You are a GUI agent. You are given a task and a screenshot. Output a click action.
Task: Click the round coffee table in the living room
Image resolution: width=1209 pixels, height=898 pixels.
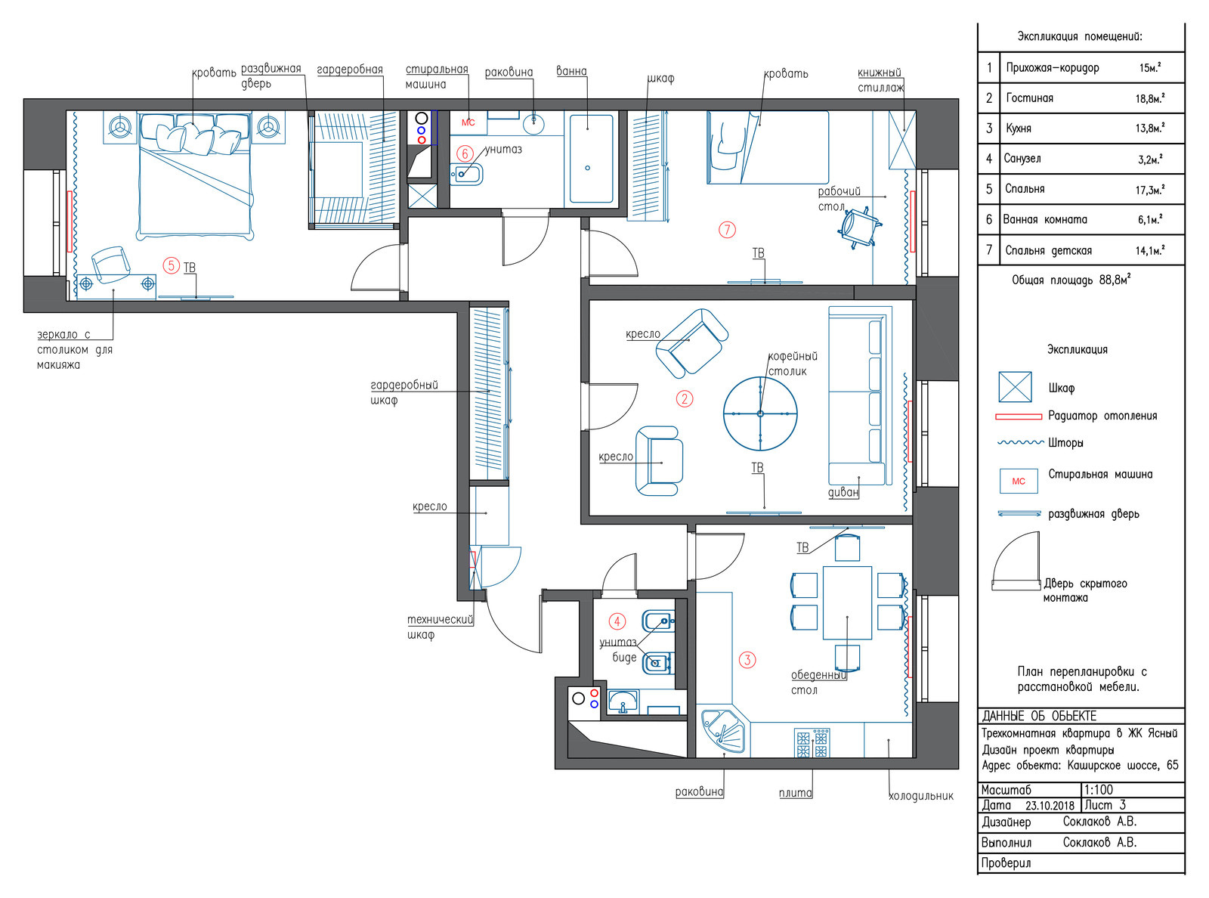click(x=760, y=413)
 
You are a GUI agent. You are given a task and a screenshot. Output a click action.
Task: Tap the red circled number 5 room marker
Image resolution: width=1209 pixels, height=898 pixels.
click(x=172, y=266)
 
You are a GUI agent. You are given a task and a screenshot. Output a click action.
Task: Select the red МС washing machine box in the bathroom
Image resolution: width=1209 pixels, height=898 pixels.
click(x=468, y=122)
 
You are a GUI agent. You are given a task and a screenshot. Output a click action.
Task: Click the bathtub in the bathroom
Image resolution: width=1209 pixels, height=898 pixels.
click(x=591, y=159)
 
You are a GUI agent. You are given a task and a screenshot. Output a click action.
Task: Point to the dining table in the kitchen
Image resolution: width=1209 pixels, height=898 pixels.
click(x=847, y=602)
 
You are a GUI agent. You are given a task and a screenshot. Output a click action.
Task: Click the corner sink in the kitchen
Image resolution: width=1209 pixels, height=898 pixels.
click(x=723, y=731)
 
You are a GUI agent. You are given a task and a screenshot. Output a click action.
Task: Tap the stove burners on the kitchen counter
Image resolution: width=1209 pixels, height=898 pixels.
click(x=812, y=742)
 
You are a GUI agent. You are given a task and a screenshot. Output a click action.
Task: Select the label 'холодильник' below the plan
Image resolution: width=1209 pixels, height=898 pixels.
click(x=920, y=796)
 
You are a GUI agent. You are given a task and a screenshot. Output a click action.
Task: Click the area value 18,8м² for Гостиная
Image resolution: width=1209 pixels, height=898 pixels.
click(x=1150, y=98)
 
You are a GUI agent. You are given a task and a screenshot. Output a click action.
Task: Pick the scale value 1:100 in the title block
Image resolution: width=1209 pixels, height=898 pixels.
click(x=1099, y=789)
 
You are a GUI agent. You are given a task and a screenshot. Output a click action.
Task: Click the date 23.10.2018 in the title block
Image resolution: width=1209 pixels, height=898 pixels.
click(x=1050, y=805)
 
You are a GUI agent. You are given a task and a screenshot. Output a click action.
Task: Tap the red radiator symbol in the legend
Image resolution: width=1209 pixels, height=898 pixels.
click(x=1019, y=416)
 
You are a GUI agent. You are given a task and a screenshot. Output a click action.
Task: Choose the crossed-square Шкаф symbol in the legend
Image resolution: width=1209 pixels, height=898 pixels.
click(x=1015, y=386)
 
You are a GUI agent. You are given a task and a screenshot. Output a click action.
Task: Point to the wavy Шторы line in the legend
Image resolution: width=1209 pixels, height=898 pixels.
click(x=1020, y=443)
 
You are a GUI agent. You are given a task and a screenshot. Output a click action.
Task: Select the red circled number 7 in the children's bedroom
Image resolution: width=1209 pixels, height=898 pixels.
click(x=727, y=230)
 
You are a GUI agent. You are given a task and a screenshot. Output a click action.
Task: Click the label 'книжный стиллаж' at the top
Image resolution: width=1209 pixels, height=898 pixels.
click(x=881, y=80)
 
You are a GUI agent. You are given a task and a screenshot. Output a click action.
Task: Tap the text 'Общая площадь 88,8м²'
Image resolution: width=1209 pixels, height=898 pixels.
click(x=1071, y=280)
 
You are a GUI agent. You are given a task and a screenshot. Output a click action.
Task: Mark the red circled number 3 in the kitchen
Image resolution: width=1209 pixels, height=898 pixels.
click(x=747, y=660)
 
